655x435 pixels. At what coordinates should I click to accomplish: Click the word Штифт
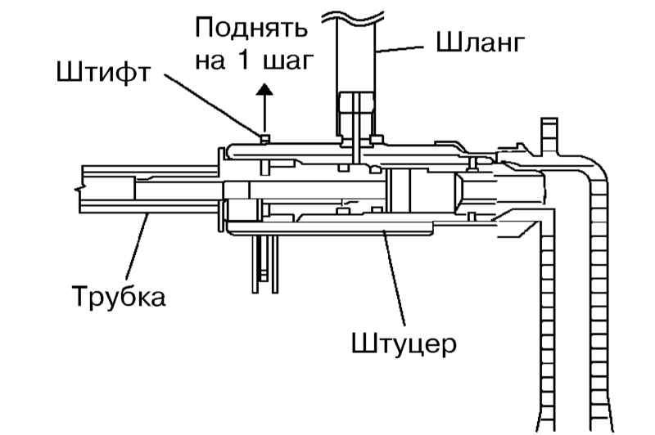pyautogui.click(x=103, y=72)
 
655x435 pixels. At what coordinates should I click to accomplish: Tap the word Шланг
pyautogui.click(x=480, y=43)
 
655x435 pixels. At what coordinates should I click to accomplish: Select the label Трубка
pyautogui.click(x=119, y=297)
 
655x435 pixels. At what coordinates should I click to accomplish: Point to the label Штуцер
pyautogui.click(x=404, y=344)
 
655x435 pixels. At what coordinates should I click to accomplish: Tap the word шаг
pyautogui.click(x=288, y=61)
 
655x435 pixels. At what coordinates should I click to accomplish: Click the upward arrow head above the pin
pyautogui.click(x=264, y=89)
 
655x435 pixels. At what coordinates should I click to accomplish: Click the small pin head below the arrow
pyautogui.click(x=264, y=139)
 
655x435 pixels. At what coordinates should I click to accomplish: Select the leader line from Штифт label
pyautogui.click(x=213, y=105)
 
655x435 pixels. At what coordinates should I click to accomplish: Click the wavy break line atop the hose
pyautogui.click(x=353, y=16)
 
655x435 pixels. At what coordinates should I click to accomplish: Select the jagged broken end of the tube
pyautogui.click(x=79, y=189)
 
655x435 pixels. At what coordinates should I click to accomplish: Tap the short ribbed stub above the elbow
pyautogui.click(x=549, y=136)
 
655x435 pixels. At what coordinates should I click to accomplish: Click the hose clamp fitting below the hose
pyautogui.click(x=356, y=119)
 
